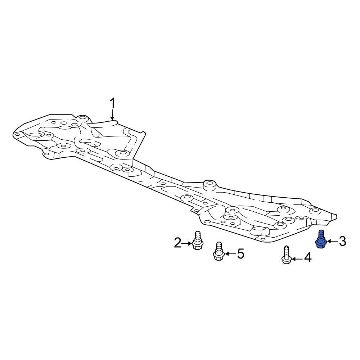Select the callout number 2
click(x=177, y=243)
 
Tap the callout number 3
click(x=343, y=241)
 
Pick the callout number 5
click(x=240, y=254)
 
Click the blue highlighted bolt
click(x=321, y=239)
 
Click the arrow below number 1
click(x=112, y=114)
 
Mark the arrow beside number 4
click(x=297, y=259)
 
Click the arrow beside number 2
click(x=186, y=243)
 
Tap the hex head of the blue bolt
click(x=321, y=245)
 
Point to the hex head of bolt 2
click(x=197, y=247)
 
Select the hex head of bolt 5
click(x=219, y=257)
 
